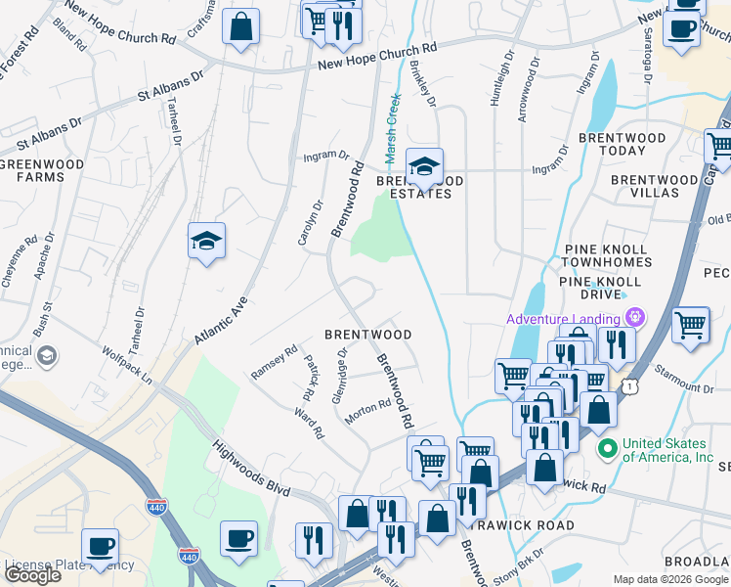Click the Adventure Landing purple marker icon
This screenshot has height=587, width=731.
point(635,318)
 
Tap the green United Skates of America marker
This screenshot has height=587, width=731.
point(607,449)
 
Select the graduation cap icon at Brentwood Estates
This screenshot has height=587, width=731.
point(424,167)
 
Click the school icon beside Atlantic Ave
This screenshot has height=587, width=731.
point(206,242)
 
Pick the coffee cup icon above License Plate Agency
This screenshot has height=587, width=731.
point(99,547)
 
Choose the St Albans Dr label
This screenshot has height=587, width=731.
point(170,86)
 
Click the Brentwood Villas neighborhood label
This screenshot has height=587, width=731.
point(654,186)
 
